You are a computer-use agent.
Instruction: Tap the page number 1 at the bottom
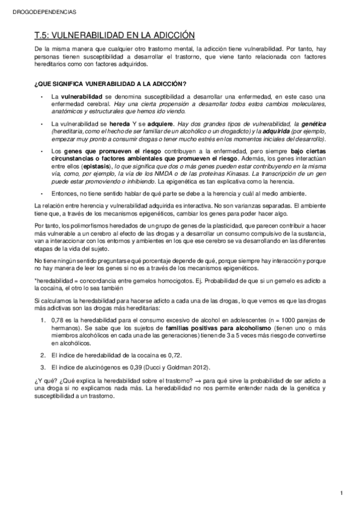point(341,494)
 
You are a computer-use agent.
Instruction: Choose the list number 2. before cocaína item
point(43,356)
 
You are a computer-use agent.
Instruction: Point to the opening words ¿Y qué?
point(45,382)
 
